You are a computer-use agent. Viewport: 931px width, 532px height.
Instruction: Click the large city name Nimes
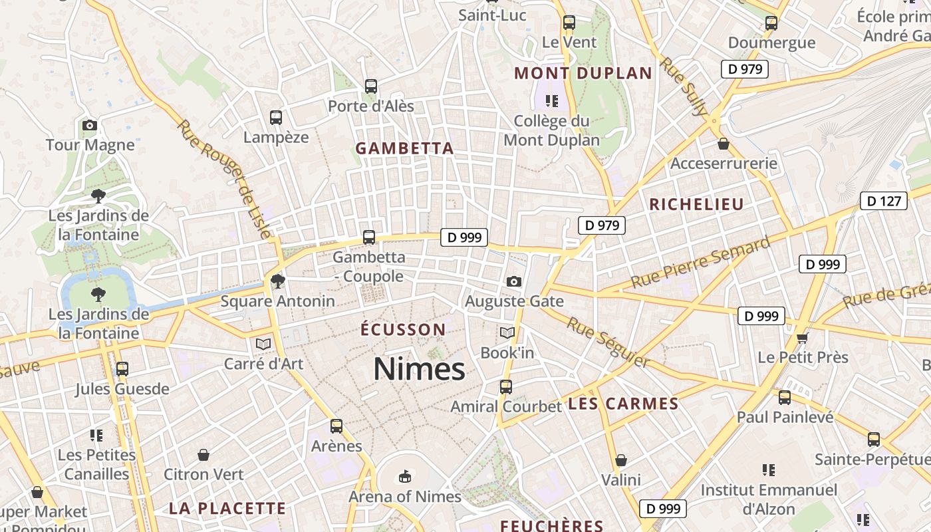[x=419, y=369]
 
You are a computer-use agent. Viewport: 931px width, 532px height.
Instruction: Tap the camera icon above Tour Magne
[x=90, y=125]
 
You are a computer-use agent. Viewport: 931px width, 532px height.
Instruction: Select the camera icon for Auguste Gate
[x=513, y=281]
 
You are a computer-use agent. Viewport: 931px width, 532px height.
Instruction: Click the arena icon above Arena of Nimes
[x=404, y=476]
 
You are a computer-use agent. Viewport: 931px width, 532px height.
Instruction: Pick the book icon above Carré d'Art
[x=263, y=344]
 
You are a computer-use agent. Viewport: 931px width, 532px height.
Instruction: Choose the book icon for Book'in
[x=507, y=332]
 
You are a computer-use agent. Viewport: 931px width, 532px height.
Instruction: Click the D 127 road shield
[x=884, y=201]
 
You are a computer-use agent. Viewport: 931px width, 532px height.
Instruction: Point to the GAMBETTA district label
[x=404, y=148]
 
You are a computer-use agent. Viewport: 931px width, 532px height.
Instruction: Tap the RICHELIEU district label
[x=696, y=204]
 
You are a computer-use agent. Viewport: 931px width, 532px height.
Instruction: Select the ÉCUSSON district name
[x=403, y=329]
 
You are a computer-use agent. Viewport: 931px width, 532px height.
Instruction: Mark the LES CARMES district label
[x=623, y=404]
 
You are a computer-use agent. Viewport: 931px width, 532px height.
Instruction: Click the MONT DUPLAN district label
[x=583, y=73]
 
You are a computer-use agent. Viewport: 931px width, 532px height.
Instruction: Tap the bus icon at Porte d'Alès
[x=371, y=86]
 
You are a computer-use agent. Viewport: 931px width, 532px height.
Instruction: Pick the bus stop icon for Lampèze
[x=276, y=118]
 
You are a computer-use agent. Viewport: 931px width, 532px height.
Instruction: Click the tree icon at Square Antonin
[x=278, y=281]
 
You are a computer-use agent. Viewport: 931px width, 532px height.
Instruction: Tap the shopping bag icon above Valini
[x=620, y=460]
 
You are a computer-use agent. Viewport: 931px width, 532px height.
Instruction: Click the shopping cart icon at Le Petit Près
[x=803, y=338]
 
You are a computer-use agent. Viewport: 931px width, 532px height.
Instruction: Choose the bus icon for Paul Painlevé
[x=785, y=398]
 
